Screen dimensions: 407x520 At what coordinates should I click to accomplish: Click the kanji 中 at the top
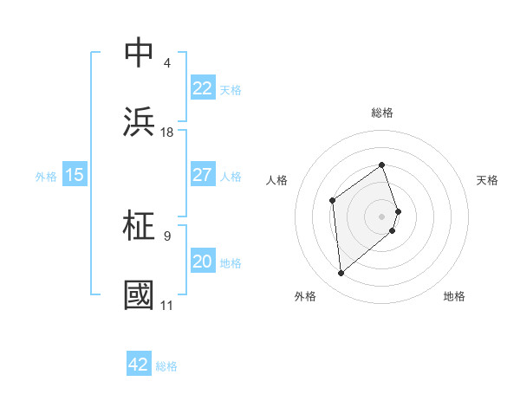[139, 53]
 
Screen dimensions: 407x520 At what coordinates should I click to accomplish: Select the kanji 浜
[139, 122]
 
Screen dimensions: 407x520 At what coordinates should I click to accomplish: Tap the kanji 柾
[139, 226]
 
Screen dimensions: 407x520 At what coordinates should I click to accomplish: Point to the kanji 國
[139, 294]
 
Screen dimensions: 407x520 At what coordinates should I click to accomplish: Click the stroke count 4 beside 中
[166, 63]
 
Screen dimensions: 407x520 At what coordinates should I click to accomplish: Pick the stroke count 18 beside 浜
[167, 132]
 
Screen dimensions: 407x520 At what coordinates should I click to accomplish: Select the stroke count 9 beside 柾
[166, 236]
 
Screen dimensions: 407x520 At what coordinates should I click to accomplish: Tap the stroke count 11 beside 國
[167, 305]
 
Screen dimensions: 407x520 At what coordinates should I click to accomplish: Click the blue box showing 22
[202, 88]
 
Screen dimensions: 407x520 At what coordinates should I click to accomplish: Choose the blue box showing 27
[202, 175]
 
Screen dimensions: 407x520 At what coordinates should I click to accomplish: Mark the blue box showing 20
[202, 262]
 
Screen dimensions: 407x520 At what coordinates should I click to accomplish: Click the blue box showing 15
[75, 175]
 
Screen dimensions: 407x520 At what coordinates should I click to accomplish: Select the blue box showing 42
[139, 365]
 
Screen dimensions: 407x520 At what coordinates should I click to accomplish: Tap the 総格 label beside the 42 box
[166, 366]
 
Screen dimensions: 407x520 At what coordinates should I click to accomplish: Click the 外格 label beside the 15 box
[46, 177]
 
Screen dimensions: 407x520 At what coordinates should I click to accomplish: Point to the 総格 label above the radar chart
[382, 113]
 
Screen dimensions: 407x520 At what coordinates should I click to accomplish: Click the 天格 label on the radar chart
[487, 180]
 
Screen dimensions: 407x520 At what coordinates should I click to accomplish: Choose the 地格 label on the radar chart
[454, 296]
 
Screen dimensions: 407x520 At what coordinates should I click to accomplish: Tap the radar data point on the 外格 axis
[341, 274]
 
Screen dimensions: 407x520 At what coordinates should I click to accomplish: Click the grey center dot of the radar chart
[382, 215]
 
